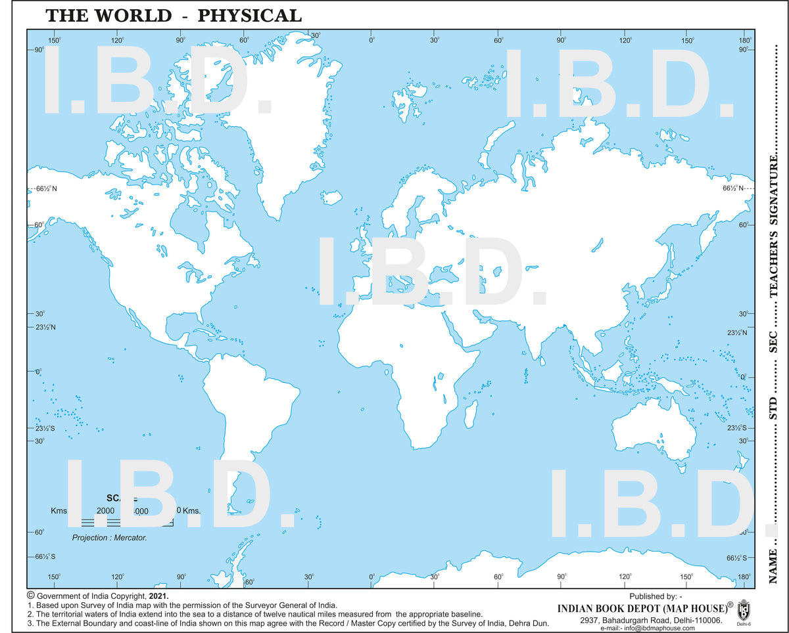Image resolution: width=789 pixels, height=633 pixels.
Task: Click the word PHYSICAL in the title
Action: [x=250, y=14]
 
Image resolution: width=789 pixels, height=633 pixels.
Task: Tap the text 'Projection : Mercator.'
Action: [x=109, y=538]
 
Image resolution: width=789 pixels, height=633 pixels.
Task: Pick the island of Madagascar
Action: [x=471, y=412]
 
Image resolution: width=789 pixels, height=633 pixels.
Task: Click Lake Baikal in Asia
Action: [x=597, y=244]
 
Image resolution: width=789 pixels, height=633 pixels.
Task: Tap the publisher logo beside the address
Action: [x=743, y=610]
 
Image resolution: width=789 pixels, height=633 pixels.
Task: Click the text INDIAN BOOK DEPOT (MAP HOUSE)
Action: [x=640, y=608]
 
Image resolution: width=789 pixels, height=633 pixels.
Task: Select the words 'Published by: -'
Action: [x=655, y=596]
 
